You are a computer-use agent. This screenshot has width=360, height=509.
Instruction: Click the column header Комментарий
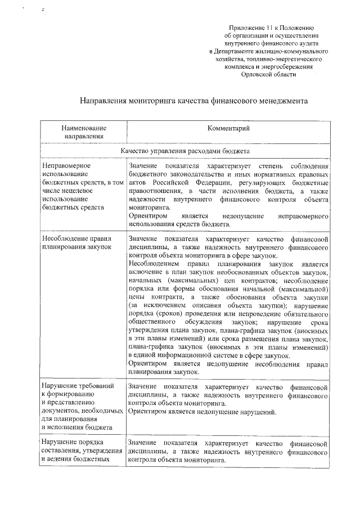click(x=228, y=129)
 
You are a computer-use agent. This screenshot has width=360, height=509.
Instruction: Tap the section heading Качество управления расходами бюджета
click(x=185, y=151)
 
